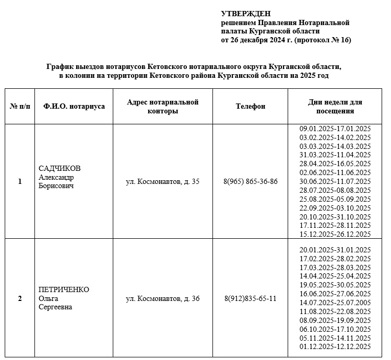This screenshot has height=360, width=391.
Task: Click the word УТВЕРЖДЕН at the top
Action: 246,14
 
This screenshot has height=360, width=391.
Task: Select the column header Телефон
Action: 251,106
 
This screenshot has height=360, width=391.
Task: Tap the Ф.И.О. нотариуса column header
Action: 74,106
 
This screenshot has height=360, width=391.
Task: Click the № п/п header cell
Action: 20,106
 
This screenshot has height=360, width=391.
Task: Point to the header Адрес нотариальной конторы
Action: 162,106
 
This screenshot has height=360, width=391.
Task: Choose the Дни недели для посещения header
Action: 335,106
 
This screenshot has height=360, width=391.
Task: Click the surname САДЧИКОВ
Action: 60,168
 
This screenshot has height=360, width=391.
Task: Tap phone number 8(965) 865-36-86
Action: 251,182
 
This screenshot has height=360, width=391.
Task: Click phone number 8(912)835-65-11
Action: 251,299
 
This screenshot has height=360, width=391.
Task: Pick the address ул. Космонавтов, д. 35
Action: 162,182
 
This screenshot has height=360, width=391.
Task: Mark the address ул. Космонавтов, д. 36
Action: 162,299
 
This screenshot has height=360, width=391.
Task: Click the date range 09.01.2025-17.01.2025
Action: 335,129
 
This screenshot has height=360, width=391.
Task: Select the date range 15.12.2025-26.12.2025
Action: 335,234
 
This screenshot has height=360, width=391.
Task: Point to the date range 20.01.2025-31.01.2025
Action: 335,250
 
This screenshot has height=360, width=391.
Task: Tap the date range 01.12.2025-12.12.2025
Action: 335,346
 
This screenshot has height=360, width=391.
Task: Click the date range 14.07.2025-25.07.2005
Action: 335,303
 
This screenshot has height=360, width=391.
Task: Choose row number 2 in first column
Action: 20,299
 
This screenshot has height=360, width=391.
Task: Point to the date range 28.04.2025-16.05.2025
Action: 335,164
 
